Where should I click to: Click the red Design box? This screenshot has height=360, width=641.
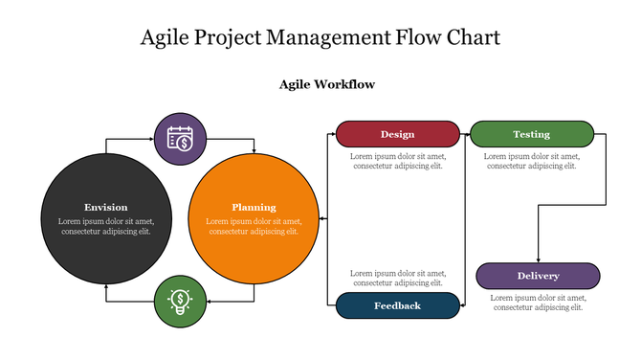[397, 134]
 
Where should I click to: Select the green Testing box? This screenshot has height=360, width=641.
[531, 134]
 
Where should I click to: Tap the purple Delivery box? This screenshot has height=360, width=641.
[538, 276]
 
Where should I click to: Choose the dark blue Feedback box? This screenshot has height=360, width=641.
[397, 305]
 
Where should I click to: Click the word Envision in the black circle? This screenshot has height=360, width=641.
[105, 207]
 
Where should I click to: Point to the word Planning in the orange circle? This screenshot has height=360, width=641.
[254, 207]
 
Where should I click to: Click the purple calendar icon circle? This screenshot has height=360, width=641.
[180, 139]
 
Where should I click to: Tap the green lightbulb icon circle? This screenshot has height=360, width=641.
[180, 301]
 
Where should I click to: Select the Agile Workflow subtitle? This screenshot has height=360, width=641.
[326, 84]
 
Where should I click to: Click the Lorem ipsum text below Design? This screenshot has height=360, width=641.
[397, 161]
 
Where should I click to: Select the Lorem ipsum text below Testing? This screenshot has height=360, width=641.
[531, 161]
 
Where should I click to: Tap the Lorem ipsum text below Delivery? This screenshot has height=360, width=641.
[537, 303]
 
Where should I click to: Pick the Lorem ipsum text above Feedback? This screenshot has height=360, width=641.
[397, 278]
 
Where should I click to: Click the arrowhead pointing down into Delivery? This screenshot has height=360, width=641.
[538, 259]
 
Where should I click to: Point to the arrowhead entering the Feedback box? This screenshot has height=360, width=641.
[461, 305]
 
